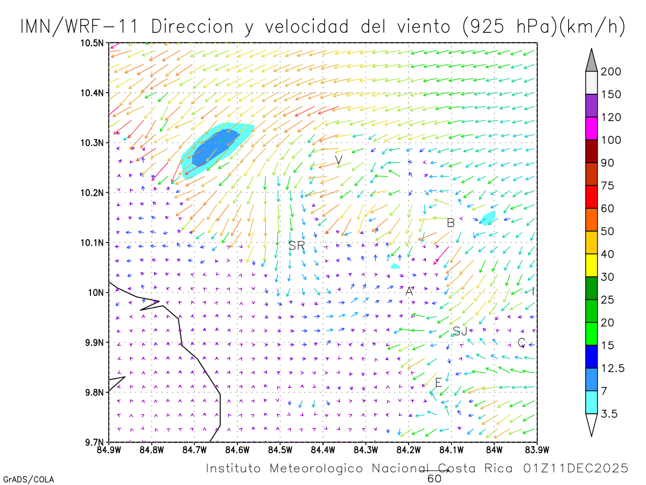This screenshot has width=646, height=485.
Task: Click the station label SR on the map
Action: click(x=297, y=246)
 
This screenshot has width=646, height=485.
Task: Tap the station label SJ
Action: click(x=460, y=331)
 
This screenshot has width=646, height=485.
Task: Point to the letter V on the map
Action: click(x=339, y=160)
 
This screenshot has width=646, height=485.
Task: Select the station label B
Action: click(x=451, y=223)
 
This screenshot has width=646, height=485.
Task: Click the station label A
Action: click(x=409, y=292)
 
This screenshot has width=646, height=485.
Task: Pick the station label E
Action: click(x=438, y=383)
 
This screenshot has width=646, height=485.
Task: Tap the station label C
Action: click(x=521, y=342)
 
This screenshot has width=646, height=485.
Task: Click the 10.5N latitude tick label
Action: click(x=93, y=43)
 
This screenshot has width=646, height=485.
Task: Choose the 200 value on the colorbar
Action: click(x=611, y=72)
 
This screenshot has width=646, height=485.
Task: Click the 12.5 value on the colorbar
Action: click(x=613, y=369)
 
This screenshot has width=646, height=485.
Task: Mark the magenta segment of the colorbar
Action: click(x=591, y=129)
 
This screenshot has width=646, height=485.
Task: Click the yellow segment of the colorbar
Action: click(x=591, y=265)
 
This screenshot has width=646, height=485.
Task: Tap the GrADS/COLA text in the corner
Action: click(x=29, y=479)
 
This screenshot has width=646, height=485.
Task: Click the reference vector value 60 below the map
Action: click(x=434, y=479)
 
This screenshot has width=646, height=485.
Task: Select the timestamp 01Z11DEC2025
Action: click(x=575, y=468)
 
